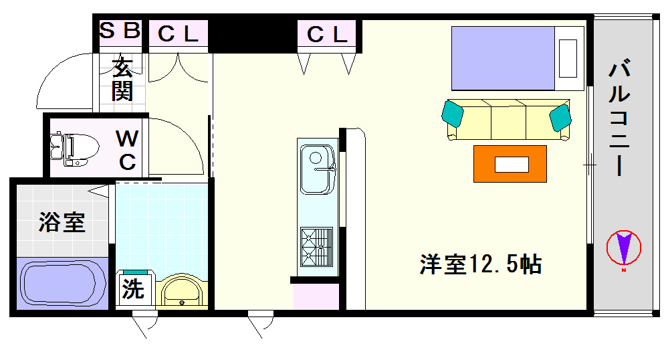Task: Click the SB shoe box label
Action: [120, 30]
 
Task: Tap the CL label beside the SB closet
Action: [178, 34]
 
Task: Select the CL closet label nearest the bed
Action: [327, 34]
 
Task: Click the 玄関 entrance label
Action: [122, 80]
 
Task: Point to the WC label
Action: [127, 150]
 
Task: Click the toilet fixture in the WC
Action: [74, 149]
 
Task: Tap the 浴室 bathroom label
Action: [62, 222]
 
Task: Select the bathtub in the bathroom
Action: [63, 284]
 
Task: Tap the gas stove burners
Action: [316, 247]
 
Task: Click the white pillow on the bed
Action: [568, 59]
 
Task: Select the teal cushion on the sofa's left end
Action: [452, 113]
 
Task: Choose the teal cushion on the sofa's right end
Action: [560, 117]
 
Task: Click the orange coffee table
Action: [510, 164]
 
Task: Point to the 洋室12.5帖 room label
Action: [481, 264]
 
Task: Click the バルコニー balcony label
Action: [619, 118]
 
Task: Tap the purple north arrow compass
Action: [623, 248]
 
